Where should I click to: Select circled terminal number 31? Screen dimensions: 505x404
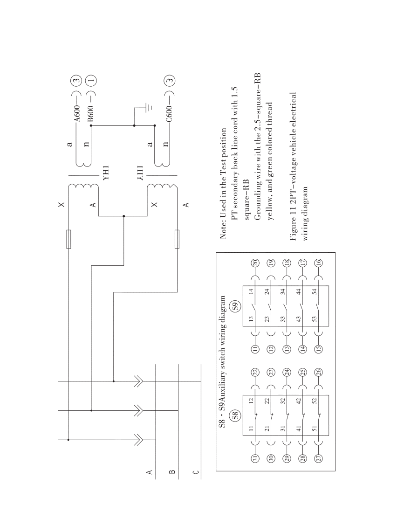[255, 459]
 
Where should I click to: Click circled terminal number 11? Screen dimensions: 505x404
[255, 348]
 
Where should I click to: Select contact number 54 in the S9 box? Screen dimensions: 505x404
[315, 291]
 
